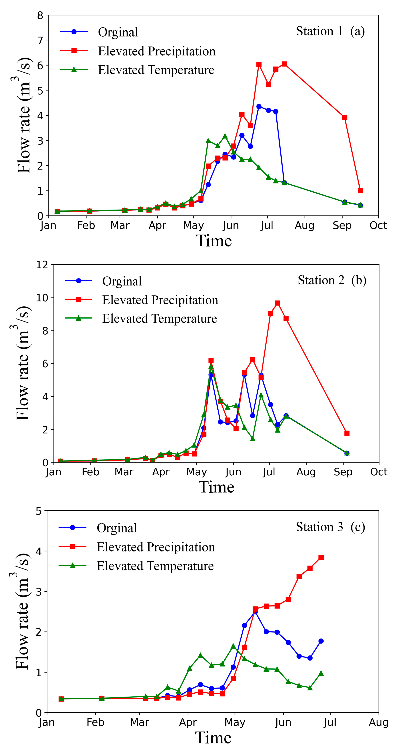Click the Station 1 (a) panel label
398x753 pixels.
(330, 31)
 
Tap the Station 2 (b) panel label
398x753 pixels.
(332, 280)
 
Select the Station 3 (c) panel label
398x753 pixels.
(330, 527)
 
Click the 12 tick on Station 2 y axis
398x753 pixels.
(42, 265)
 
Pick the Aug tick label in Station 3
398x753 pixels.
(378, 722)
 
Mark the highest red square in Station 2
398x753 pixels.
(278, 303)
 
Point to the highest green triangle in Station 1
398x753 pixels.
(225, 136)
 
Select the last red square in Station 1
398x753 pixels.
(360, 191)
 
